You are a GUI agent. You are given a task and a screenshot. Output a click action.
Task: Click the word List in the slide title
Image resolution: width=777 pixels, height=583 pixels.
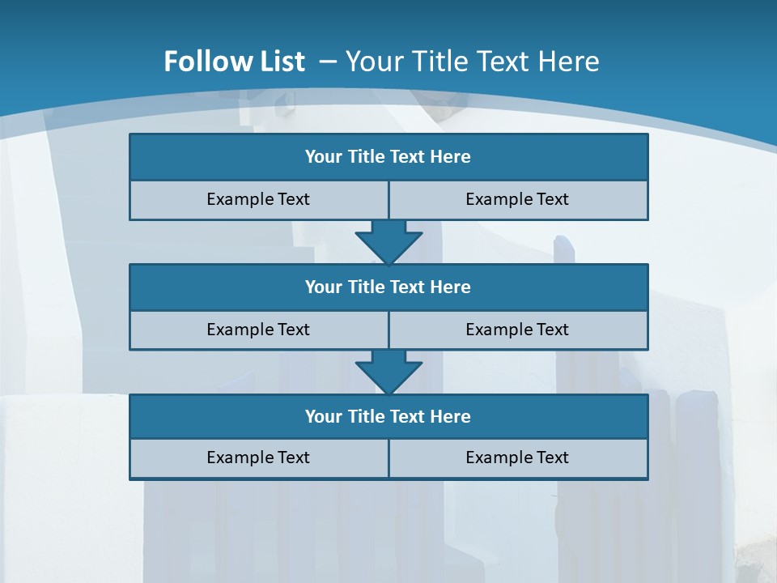(x=278, y=62)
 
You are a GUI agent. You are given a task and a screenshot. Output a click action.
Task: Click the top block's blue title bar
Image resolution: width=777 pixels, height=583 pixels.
(x=388, y=157)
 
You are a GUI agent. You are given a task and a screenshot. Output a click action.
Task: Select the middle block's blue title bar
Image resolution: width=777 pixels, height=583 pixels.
(x=388, y=287)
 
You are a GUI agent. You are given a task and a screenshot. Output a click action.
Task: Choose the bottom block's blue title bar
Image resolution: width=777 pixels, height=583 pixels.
(x=388, y=416)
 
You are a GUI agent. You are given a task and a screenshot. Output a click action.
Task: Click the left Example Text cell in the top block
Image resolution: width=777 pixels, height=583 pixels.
(x=258, y=199)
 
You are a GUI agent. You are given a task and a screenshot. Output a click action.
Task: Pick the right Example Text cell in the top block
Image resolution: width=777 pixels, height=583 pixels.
(x=518, y=199)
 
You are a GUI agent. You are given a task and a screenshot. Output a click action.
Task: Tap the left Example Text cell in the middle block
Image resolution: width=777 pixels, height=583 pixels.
(x=258, y=330)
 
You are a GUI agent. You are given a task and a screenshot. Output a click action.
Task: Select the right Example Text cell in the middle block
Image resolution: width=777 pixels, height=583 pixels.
(x=518, y=330)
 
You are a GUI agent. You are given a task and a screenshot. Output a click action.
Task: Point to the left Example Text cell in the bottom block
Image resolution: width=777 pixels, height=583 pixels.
(x=258, y=457)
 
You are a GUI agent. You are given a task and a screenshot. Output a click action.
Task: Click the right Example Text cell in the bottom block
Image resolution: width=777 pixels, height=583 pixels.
(x=518, y=457)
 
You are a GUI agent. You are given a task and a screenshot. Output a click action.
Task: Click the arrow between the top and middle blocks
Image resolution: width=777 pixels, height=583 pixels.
(x=388, y=242)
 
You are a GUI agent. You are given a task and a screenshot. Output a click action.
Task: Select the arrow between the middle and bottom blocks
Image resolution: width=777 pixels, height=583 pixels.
(x=388, y=372)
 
